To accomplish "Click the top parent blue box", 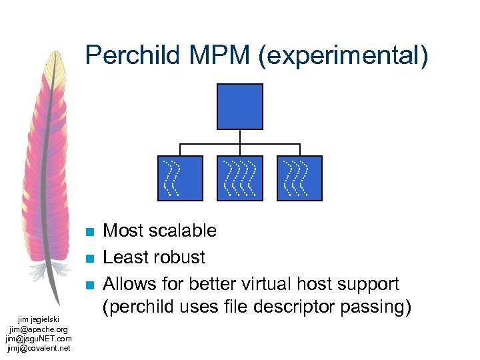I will (x=240, y=107).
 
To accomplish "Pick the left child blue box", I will (x=180, y=178).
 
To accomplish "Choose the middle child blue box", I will (x=240, y=178).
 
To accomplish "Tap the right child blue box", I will (x=300, y=178).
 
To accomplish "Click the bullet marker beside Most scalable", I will (x=91, y=232).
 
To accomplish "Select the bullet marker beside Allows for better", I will (x=91, y=285).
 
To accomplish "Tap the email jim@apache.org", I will (x=39, y=329).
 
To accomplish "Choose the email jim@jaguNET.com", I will (x=39, y=338).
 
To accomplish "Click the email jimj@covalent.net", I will (x=39, y=347).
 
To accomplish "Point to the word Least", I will (x=125, y=257).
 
